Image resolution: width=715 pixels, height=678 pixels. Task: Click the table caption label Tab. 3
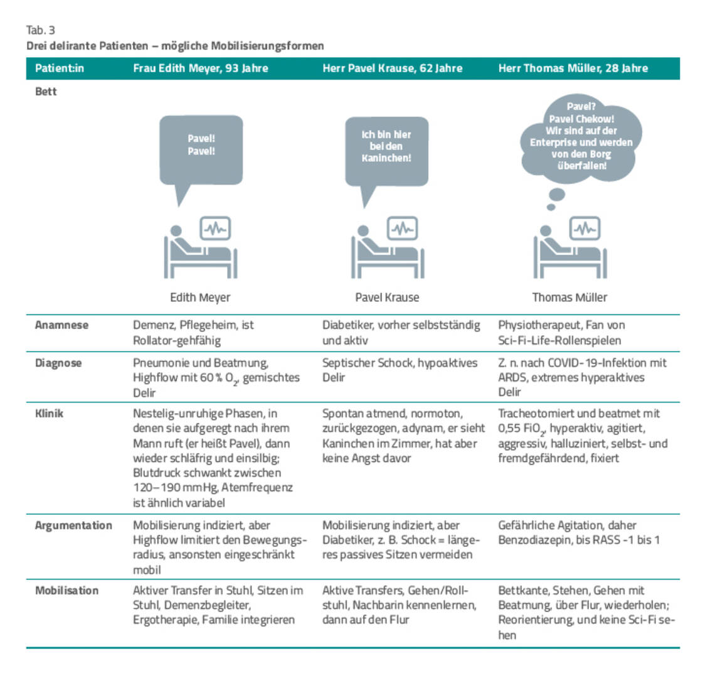tap(41, 30)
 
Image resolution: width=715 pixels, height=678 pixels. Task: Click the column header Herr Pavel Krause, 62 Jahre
tap(393, 68)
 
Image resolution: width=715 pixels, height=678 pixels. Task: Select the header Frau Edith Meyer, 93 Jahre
tap(200, 68)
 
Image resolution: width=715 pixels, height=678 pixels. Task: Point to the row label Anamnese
tap(61, 325)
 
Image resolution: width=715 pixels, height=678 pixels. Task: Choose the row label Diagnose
tap(58, 363)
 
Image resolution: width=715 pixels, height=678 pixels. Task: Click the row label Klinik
tap(49, 414)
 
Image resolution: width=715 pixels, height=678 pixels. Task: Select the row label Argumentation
tap(73, 525)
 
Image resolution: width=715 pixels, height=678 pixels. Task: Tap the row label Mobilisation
tap(66, 591)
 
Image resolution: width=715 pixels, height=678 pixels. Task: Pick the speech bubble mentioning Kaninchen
tap(386, 147)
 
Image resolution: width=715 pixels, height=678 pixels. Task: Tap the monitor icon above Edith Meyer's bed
tap(216, 229)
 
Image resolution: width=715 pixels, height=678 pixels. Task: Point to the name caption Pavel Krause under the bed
tap(387, 297)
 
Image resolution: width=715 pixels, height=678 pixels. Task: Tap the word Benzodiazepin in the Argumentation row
tap(534, 540)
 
